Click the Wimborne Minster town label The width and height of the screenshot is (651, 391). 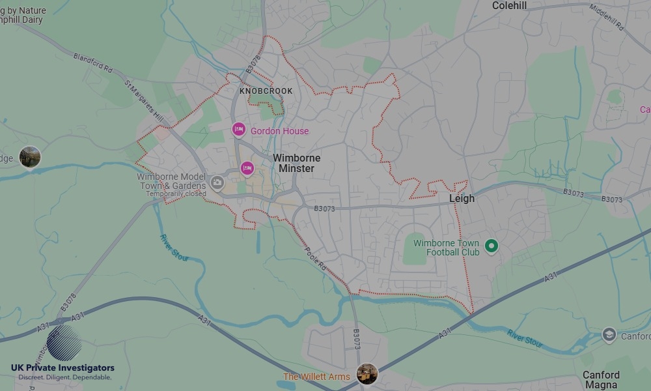click(296, 163)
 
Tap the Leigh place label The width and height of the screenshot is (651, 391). click(462, 198)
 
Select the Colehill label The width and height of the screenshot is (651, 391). click(509, 5)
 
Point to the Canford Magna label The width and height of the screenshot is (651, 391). click(600, 380)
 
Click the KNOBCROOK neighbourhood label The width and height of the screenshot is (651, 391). click(266, 91)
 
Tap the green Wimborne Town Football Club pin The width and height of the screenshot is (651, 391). click(492, 246)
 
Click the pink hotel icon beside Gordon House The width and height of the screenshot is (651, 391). click(238, 130)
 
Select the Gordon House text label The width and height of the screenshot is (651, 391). click(279, 131)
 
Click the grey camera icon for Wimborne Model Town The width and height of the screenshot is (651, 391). click(217, 182)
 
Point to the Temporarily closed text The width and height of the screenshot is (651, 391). click(176, 194)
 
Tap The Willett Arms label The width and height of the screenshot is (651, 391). click(316, 377)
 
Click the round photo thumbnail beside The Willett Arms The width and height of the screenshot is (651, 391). click(367, 374)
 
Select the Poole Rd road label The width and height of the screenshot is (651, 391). click(315, 256)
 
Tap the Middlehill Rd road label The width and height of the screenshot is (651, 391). click(607, 18)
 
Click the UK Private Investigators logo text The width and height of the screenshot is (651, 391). click(62, 368)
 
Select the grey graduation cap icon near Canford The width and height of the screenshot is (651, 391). click(609, 335)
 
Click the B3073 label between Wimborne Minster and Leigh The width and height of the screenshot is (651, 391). click(324, 209)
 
